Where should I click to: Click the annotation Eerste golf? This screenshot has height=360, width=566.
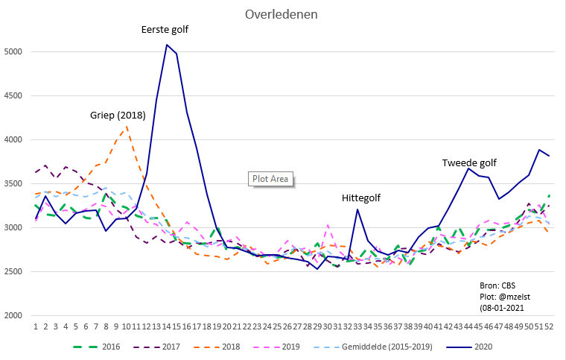pyautogui.click(x=165, y=30)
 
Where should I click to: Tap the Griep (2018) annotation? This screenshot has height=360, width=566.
pyautogui.click(x=118, y=116)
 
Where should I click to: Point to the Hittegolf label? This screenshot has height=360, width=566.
pyautogui.click(x=362, y=198)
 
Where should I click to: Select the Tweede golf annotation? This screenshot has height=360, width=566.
pyautogui.click(x=469, y=162)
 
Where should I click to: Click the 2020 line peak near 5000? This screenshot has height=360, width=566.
pyautogui.click(x=166, y=45)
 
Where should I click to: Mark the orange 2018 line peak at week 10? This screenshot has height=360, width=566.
pyautogui.click(x=127, y=126)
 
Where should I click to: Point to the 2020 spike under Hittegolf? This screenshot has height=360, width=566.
pyautogui.click(x=357, y=209)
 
